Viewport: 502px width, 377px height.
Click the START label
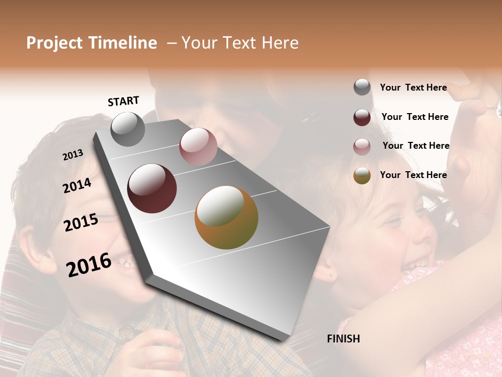pyautogui.click(x=123, y=101)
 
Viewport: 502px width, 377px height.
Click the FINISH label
pyautogui.click(x=343, y=339)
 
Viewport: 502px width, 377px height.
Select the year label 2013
pyautogui.click(x=73, y=154)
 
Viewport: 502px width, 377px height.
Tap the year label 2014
pyautogui.click(x=77, y=185)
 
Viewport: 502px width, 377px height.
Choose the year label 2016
pyautogui.click(x=89, y=264)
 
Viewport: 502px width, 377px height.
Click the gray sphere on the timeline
pyautogui.click(x=128, y=129)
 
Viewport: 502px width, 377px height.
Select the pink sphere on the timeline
pyautogui.click(x=198, y=147)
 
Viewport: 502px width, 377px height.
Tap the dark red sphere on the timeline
pyautogui.click(x=152, y=188)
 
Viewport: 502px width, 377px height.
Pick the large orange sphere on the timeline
pyautogui.click(x=226, y=217)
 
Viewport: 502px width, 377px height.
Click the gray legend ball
pyautogui.click(x=362, y=87)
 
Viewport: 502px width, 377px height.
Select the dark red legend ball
pyautogui.click(x=362, y=117)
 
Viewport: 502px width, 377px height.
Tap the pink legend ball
pyautogui.click(x=362, y=147)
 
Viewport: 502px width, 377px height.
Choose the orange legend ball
pyautogui.click(x=362, y=175)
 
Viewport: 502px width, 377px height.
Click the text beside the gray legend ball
pyautogui.click(x=413, y=87)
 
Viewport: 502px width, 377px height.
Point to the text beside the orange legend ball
pyautogui.click(x=413, y=175)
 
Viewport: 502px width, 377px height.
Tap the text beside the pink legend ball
pyautogui.click(x=416, y=146)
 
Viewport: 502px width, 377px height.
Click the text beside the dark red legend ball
pyautogui.click(x=415, y=117)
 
